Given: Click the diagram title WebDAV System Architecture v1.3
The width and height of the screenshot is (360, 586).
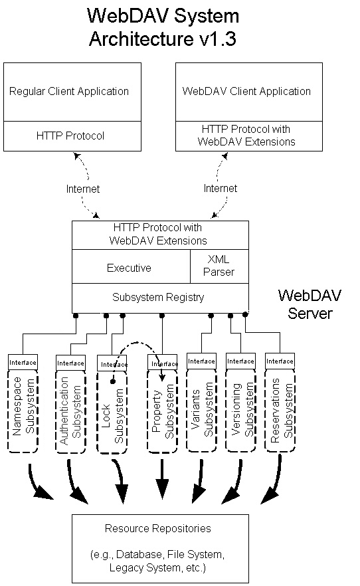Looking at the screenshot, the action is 163,27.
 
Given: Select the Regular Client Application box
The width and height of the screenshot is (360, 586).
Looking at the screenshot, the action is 72,92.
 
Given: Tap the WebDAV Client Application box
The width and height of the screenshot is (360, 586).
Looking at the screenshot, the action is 248,92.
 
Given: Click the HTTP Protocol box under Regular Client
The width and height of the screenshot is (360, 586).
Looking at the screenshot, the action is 72,136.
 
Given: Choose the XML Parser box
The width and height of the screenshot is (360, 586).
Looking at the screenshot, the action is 220,266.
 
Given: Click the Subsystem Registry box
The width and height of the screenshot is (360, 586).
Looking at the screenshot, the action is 160,298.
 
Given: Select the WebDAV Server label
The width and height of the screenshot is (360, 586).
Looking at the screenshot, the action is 310,304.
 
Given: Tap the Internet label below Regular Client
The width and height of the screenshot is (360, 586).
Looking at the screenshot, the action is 83,189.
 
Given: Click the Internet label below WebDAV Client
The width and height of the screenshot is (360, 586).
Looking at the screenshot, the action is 221,188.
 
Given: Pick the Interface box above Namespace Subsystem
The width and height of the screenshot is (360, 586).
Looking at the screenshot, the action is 23,362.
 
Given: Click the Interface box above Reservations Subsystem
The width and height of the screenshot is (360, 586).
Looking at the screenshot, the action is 280,361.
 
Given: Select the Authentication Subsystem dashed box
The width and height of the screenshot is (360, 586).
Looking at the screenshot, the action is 70,412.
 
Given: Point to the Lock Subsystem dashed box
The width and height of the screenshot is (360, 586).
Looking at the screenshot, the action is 112,413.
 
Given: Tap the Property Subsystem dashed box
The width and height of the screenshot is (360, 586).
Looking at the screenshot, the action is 163,411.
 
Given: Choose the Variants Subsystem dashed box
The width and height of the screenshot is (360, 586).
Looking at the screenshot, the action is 202,411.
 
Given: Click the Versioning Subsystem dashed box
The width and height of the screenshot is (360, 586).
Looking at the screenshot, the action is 241,411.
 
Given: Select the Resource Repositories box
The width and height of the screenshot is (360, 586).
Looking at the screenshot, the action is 160,548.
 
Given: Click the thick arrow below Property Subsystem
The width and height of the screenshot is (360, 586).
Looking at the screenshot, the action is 162,480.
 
